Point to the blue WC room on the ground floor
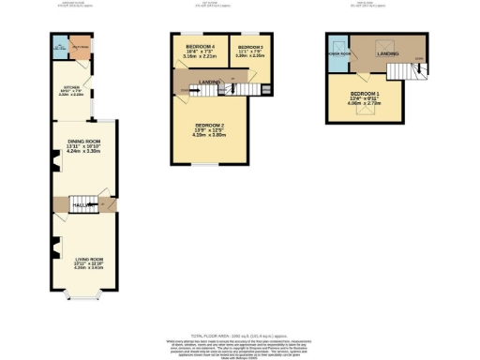click(59, 50)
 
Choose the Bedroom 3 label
click(249, 47)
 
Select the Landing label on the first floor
click(212, 82)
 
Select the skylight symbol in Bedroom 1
click(365, 111)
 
